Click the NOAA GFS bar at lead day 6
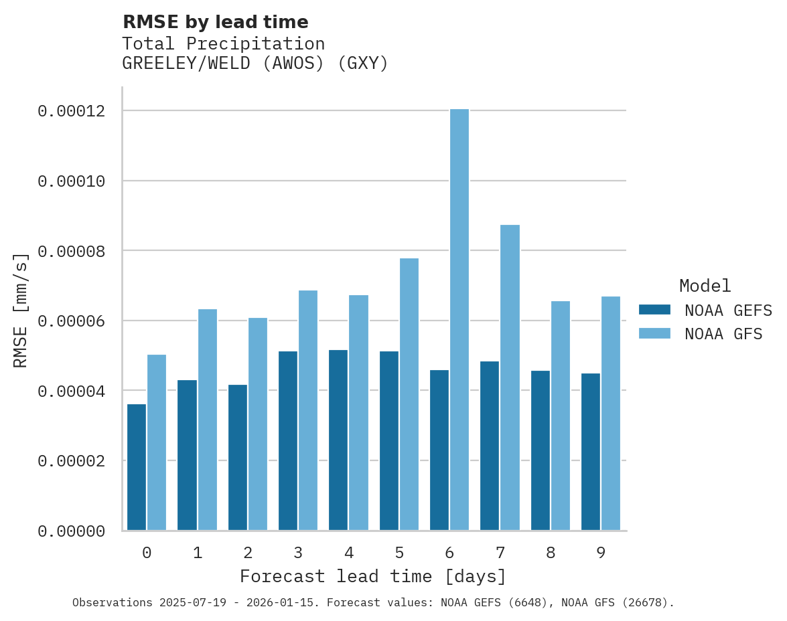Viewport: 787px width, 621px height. (459, 319)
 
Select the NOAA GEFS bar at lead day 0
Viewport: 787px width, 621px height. (137, 467)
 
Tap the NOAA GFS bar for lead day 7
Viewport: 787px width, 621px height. (510, 377)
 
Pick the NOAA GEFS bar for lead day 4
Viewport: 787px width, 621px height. (338, 440)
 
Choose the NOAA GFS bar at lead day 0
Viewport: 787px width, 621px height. (157, 442)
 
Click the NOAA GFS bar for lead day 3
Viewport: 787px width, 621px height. (308, 410)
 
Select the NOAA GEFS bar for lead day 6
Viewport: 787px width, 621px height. (439, 450)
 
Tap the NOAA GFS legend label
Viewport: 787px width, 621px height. (723, 333)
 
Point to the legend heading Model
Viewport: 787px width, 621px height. (705, 286)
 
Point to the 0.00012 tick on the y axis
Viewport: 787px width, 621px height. (72, 110)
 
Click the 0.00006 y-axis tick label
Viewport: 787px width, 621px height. (72, 321)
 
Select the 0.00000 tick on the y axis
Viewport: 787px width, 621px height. (72, 531)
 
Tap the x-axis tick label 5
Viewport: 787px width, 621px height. (399, 553)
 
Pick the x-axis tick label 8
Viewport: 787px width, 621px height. (551, 553)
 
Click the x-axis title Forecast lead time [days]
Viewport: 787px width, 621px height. (373, 576)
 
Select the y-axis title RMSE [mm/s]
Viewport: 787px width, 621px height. (21, 310)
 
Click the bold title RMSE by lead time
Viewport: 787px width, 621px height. (216, 22)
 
